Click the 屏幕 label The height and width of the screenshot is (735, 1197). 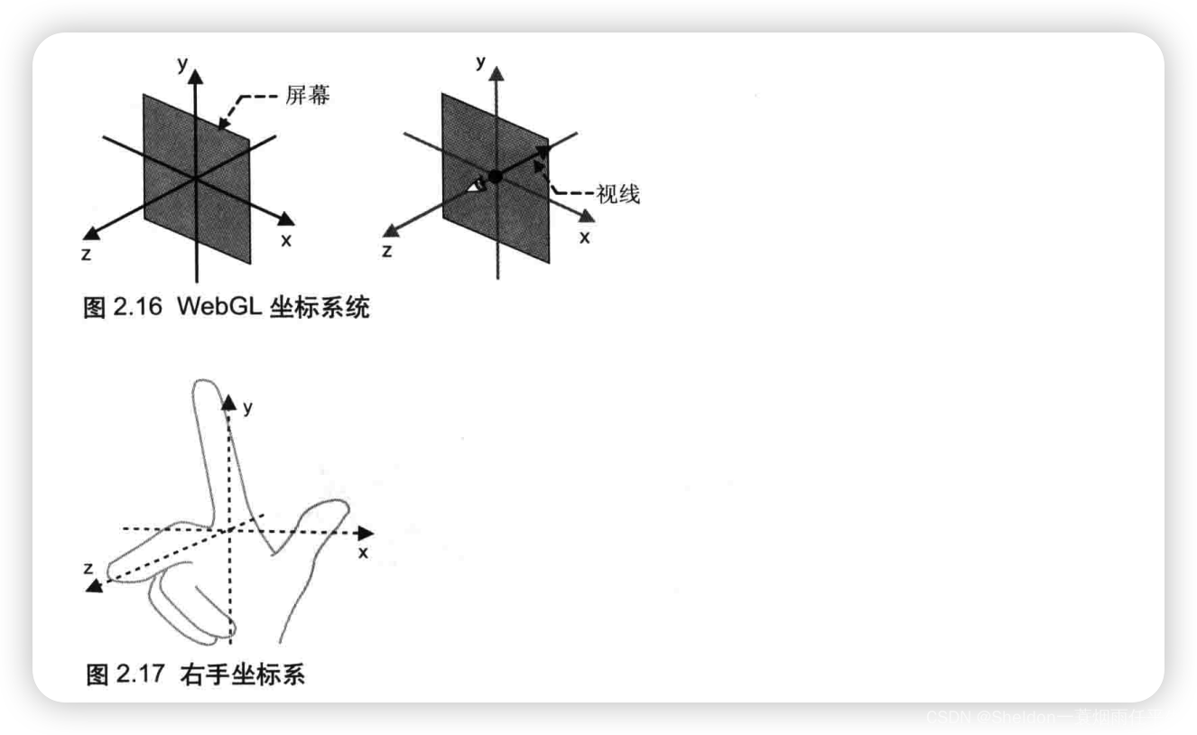pyautogui.click(x=308, y=95)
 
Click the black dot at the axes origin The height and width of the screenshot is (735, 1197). pyautogui.click(x=495, y=176)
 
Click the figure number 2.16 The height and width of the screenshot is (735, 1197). pyautogui.click(x=137, y=307)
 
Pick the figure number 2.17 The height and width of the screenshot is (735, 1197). pyautogui.click(x=139, y=674)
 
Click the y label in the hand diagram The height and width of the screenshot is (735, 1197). pyautogui.click(x=247, y=408)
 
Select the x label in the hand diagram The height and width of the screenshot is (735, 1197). pyautogui.click(x=363, y=552)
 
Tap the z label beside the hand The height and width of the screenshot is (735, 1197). pyautogui.click(x=88, y=567)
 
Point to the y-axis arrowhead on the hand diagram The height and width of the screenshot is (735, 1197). pyautogui.click(x=228, y=403)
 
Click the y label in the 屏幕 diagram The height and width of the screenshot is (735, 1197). pyautogui.click(x=181, y=63)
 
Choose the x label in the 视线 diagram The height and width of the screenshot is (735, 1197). pyautogui.click(x=584, y=237)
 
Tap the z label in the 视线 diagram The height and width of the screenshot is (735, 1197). pyautogui.click(x=387, y=251)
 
